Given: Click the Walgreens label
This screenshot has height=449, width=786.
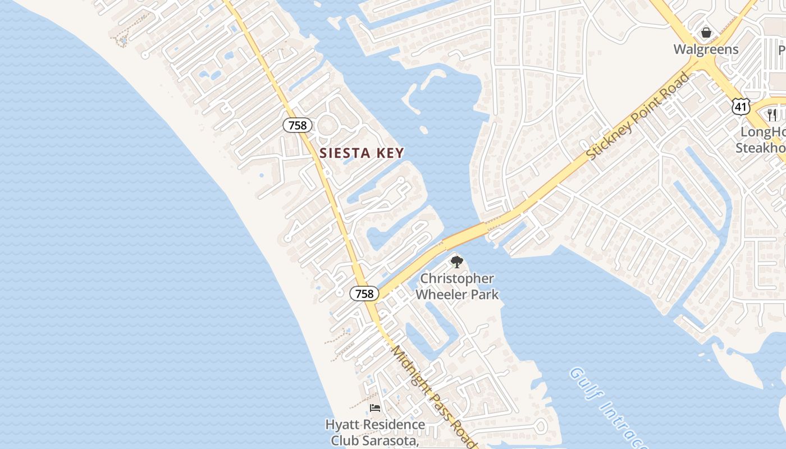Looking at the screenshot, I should pyautogui.click(x=706, y=49).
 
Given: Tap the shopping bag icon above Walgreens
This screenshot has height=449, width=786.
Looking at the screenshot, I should pyautogui.click(x=706, y=33).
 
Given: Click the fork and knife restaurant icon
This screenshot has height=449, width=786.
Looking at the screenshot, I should pyautogui.click(x=773, y=115).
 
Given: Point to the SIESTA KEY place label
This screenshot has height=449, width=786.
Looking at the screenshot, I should pyautogui.click(x=362, y=153).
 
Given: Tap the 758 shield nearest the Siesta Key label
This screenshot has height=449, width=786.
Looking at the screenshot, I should pyautogui.click(x=298, y=125).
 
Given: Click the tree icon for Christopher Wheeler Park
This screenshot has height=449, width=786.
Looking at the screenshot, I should pyautogui.click(x=457, y=262).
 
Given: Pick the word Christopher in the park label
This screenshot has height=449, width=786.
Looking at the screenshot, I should pyautogui.click(x=457, y=279).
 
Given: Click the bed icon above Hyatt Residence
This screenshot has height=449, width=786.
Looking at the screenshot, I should pyautogui.click(x=374, y=409).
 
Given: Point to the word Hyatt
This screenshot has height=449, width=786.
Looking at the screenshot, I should pyautogui.click(x=342, y=425).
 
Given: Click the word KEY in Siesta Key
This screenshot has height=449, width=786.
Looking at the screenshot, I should pyautogui.click(x=389, y=153).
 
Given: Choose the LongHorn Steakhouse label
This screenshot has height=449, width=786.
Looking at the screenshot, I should pyautogui.click(x=761, y=140).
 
